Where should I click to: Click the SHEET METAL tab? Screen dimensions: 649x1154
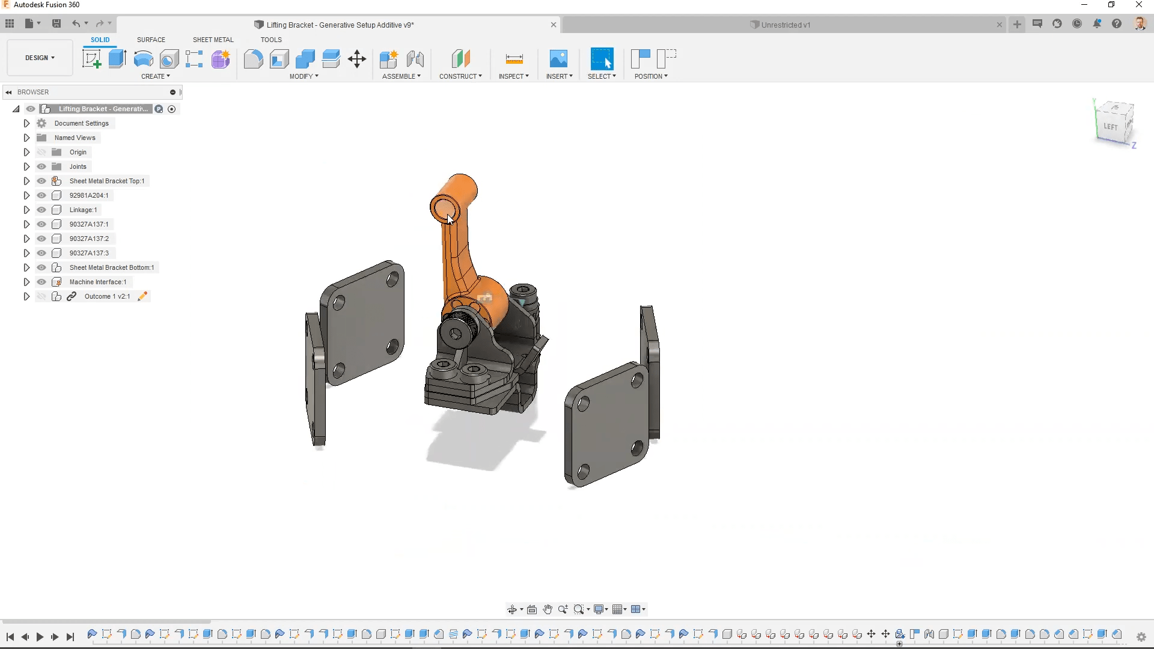pyautogui.click(x=213, y=40)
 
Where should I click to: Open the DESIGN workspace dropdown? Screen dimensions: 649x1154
pyautogui.click(x=40, y=58)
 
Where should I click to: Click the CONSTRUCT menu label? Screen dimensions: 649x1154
pyautogui.click(x=460, y=76)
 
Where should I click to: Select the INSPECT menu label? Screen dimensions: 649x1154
pyautogui.click(x=513, y=76)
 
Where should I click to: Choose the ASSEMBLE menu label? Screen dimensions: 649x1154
pyautogui.click(x=401, y=76)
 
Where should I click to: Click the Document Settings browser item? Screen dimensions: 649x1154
pyautogui.click(x=81, y=123)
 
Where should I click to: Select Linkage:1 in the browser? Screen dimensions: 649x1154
pyautogui.click(x=83, y=210)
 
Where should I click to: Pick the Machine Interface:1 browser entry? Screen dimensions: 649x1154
pyautogui.click(x=97, y=282)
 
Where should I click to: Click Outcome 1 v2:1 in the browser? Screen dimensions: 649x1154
pyautogui.click(x=107, y=296)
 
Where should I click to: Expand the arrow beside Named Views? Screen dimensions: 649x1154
pyautogui.click(x=26, y=138)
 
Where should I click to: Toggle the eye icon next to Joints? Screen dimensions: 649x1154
pyautogui.click(x=41, y=166)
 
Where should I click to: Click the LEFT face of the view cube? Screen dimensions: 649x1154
pyautogui.click(x=1110, y=127)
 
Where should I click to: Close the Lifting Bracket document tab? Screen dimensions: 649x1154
pyautogui.click(x=554, y=25)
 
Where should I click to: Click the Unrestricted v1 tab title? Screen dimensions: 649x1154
pyautogui.click(x=786, y=25)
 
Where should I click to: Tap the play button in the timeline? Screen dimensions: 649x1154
pyautogui.click(x=40, y=637)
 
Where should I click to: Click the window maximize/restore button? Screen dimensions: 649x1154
pyautogui.click(x=1111, y=5)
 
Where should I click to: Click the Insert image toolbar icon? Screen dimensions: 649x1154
pyautogui.click(x=558, y=59)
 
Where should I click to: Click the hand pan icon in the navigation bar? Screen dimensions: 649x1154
pyautogui.click(x=548, y=609)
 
